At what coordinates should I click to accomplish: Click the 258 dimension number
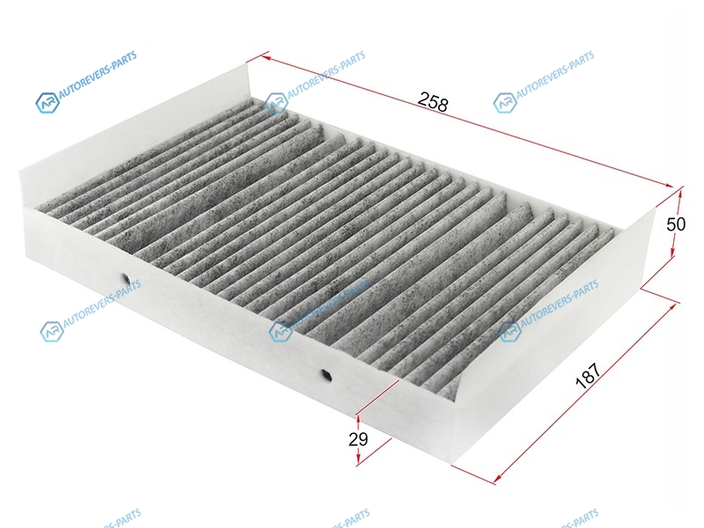pyautogui.click(x=433, y=102)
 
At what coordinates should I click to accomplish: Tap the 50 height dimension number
pyautogui.click(x=676, y=224)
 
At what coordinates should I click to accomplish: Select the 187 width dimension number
pyautogui.click(x=588, y=375)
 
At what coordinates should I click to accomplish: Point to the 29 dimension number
pyautogui.click(x=358, y=439)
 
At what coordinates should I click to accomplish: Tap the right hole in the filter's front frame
pyautogui.click(x=326, y=374)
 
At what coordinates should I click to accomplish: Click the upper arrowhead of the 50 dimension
pyautogui.click(x=680, y=193)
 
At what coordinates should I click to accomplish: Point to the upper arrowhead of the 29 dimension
pyautogui.click(x=358, y=420)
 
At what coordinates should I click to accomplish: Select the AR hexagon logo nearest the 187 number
pyautogui.click(x=510, y=332)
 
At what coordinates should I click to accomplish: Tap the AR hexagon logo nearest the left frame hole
pyautogui.click(x=52, y=332)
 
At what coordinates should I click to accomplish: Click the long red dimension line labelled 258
pyautogui.click(x=467, y=121)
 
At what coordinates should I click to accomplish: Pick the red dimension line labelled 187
pyautogui.click(x=584, y=392)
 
